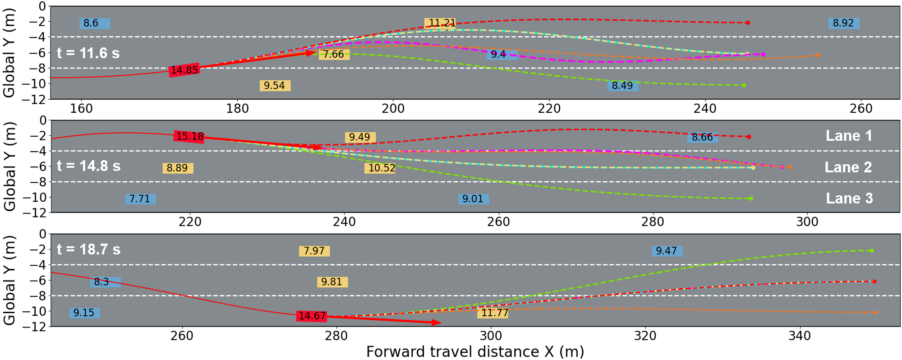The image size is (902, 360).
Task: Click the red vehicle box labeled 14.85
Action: point(184,70)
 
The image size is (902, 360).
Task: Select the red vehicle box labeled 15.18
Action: point(189,136)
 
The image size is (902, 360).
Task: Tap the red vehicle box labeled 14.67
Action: point(312,316)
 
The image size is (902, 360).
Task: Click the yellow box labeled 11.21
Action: point(440,23)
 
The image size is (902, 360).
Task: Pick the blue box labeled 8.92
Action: point(843,23)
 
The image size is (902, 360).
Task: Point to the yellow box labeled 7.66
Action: point(334,55)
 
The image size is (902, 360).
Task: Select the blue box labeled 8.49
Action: point(622,85)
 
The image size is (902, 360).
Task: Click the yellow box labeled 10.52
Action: point(380,168)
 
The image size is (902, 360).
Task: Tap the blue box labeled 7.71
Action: point(140,199)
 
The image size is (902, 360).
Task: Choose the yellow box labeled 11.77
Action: point(493,313)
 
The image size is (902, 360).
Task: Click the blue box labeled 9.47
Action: point(667,251)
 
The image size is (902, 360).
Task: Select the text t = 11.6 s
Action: point(88,53)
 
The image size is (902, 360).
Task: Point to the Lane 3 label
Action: point(849,198)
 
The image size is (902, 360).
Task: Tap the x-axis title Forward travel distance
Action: point(474,351)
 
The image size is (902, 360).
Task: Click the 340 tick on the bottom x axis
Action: point(800,336)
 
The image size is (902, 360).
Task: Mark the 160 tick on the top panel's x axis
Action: point(81,109)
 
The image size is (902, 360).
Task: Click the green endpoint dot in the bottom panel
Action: point(871,250)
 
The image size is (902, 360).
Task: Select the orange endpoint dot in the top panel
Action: point(818,55)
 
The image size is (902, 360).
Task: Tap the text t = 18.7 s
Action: point(88,249)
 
